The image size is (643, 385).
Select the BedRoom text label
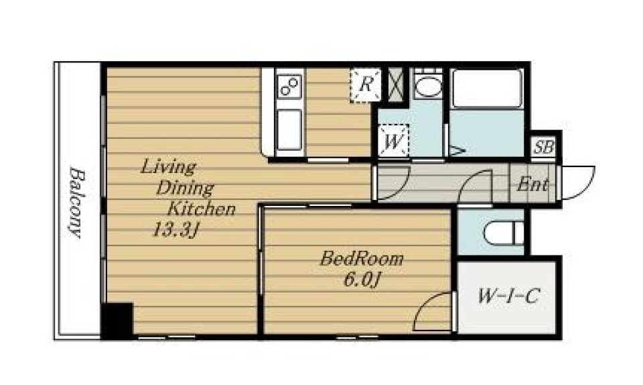click(x=362, y=259)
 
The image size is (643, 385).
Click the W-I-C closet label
click(x=508, y=296)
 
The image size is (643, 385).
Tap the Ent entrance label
click(x=532, y=184)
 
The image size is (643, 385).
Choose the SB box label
click(x=544, y=147)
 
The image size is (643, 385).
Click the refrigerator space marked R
click(x=366, y=85)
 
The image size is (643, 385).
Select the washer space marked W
click(x=393, y=140)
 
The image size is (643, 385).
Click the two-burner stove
click(x=289, y=86)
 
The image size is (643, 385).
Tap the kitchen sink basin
click(x=289, y=129)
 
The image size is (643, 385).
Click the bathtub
click(x=487, y=89)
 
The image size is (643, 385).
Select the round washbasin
click(x=428, y=87)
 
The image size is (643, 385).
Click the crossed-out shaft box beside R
click(x=396, y=85)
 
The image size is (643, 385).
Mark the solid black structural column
click(x=117, y=321)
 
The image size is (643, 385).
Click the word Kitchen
click(x=202, y=209)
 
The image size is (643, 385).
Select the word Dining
click(x=185, y=188)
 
